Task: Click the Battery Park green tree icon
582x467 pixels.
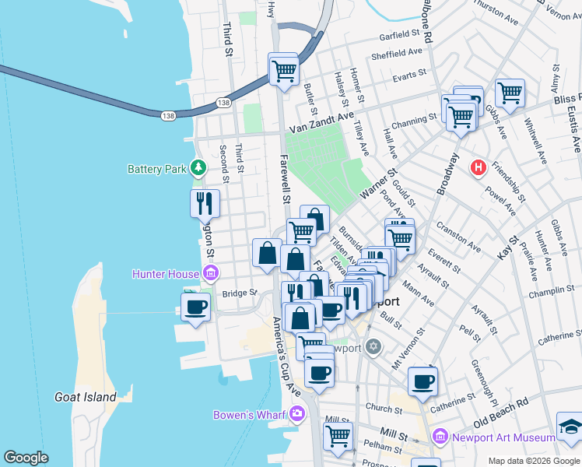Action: coord(199,167)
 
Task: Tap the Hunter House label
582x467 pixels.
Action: coord(167,273)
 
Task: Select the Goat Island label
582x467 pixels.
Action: coord(86,397)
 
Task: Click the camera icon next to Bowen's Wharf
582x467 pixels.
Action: coord(296,415)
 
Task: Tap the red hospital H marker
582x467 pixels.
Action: coord(479,167)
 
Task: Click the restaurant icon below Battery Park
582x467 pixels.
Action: coord(205,204)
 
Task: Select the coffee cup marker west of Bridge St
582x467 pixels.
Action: coord(195,305)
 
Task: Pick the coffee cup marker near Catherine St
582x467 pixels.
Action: coord(422,381)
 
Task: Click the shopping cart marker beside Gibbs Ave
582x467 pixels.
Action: coord(510,93)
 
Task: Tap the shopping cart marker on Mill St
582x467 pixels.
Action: coord(338,436)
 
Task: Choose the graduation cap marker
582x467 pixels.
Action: coord(570,427)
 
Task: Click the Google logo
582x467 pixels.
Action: coord(26,457)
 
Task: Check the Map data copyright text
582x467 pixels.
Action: coord(533,460)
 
